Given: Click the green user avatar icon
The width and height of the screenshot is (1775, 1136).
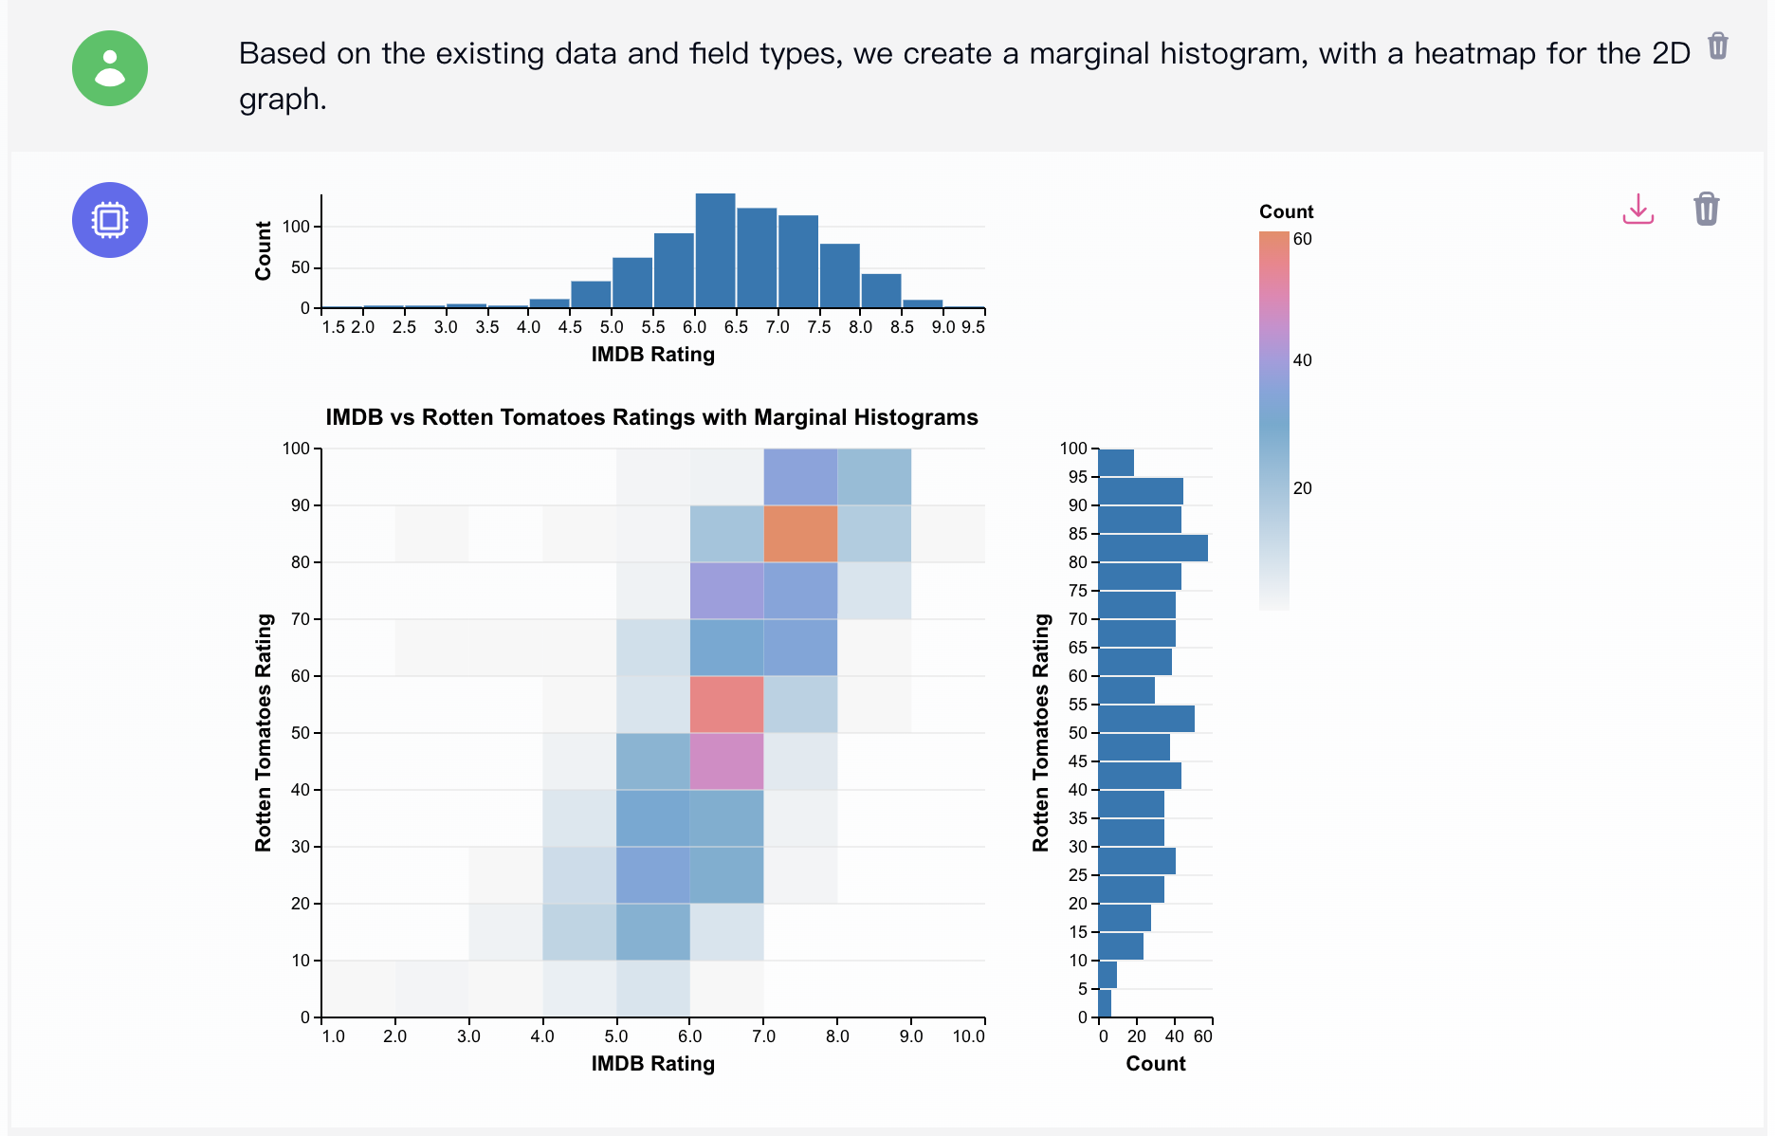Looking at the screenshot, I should (x=110, y=68).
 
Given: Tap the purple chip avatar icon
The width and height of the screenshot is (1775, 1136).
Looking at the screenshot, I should (x=110, y=220).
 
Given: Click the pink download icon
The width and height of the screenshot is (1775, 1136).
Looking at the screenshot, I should (x=1638, y=209).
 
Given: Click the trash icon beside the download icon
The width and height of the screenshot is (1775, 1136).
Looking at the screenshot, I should (x=1706, y=209).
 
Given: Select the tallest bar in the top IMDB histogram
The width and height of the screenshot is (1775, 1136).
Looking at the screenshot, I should (x=715, y=251).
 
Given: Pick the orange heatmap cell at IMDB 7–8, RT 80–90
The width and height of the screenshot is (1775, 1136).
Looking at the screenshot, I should (x=800, y=534).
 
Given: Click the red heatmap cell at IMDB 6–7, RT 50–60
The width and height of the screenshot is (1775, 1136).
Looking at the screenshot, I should (x=726, y=705).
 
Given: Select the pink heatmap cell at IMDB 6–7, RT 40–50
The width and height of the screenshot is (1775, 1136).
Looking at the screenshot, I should (x=726, y=761).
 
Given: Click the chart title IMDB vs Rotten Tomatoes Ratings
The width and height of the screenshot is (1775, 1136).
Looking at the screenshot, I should (x=651, y=417).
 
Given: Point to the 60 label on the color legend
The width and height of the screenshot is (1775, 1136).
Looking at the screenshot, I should (x=1303, y=239).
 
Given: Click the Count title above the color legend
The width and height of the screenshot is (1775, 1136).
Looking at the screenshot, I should (x=1286, y=211).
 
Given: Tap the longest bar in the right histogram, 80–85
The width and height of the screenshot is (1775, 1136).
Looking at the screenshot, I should (x=1153, y=548).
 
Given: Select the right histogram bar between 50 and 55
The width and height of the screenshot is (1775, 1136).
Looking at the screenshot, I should (x=1146, y=719).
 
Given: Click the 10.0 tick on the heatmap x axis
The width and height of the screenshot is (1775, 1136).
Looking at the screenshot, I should (x=968, y=1036).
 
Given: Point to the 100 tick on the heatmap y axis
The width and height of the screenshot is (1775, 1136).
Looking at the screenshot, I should (x=297, y=449).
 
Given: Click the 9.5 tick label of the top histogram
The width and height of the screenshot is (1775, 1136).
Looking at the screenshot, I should (x=973, y=327).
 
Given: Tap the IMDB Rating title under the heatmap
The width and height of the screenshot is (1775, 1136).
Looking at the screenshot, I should (x=652, y=1064).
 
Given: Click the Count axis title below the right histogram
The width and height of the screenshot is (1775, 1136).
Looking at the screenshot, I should (x=1155, y=1064).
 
